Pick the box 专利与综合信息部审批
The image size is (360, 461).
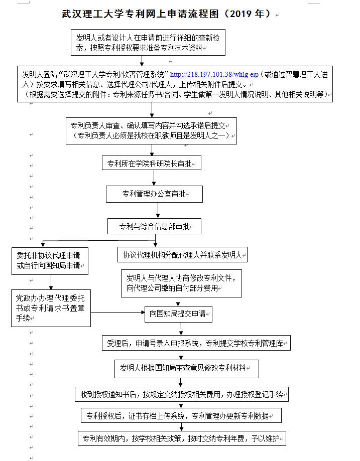[x=154, y=226]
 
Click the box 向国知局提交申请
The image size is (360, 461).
[x=178, y=315]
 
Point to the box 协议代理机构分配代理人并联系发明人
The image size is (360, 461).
[x=182, y=254]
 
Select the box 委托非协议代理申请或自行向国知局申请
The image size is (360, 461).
[x=50, y=260]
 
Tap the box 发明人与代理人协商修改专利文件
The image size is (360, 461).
[x=181, y=283]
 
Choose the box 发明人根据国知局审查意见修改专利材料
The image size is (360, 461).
[x=186, y=368]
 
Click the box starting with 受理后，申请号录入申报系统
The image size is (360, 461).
[x=196, y=344]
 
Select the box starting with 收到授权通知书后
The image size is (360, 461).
[x=182, y=394]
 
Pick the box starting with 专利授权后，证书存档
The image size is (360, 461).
[x=181, y=416]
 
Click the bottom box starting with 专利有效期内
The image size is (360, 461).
[x=182, y=438]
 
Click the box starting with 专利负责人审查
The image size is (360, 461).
[x=151, y=130]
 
